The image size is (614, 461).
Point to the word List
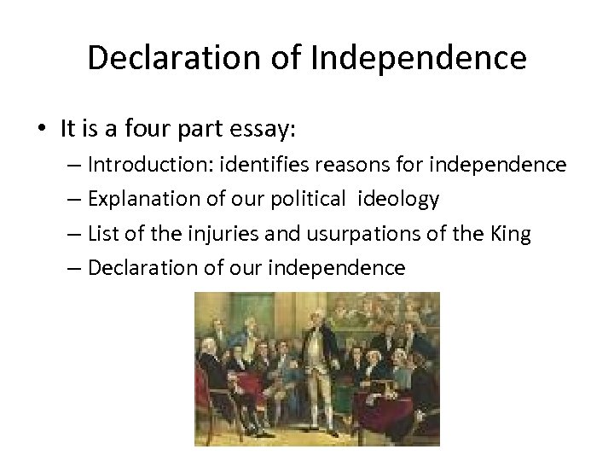coord(103,234)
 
